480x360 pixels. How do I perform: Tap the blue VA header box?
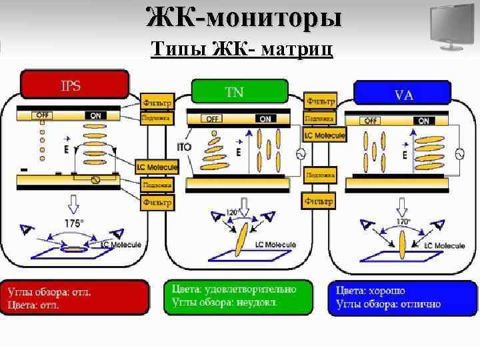point(405,93)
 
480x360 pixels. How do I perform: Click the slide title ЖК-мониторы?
point(244,17)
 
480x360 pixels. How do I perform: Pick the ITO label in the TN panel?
point(185,147)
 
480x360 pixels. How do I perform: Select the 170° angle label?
point(403,221)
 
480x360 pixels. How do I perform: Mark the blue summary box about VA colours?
point(403,297)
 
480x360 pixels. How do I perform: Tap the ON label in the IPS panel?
point(96,115)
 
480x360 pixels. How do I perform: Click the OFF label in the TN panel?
point(213,119)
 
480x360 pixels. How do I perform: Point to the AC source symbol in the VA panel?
point(459,153)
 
